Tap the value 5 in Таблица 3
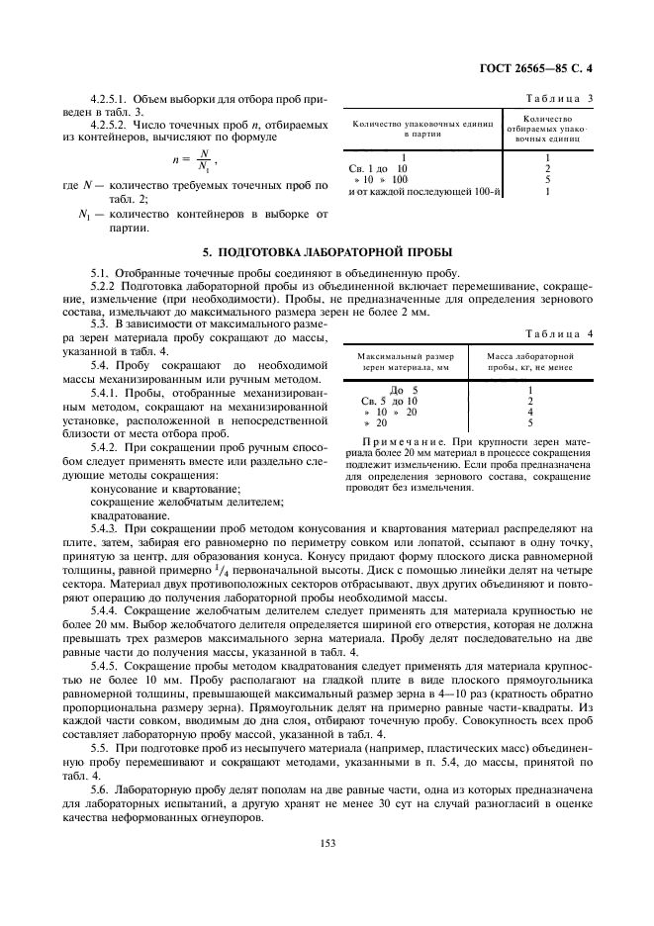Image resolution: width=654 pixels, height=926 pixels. (547, 180)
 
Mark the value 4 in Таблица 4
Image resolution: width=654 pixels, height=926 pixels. (531, 412)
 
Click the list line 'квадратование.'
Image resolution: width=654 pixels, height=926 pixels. (129, 514)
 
